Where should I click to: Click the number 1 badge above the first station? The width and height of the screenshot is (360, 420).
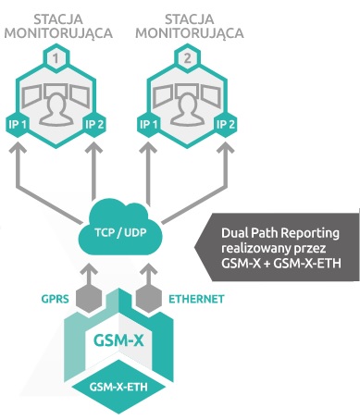pyautogui.click(x=56, y=58)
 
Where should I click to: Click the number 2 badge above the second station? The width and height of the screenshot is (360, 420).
pyautogui.click(x=188, y=58)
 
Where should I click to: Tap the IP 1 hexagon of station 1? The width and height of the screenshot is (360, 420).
pyautogui.click(x=19, y=125)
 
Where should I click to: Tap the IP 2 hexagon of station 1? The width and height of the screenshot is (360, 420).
pyautogui.click(x=93, y=125)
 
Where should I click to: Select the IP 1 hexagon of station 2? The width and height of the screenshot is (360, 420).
pyautogui.click(x=149, y=125)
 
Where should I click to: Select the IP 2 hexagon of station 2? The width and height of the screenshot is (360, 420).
pyautogui.click(x=226, y=125)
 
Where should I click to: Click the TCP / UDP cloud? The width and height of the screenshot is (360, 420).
pyautogui.click(x=120, y=229)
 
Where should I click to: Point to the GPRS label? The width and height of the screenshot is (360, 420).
pyautogui.click(x=56, y=299)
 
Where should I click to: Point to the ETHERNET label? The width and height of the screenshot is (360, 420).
pyautogui.click(x=196, y=299)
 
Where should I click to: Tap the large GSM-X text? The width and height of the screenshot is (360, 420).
pyautogui.click(x=118, y=341)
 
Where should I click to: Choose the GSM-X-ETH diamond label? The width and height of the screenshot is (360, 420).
pyautogui.click(x=118, y=387)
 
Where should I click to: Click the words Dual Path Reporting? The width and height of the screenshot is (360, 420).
pyautogui.click(x=280, y=233)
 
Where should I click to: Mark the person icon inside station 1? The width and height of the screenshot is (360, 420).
pyautogui.click(x=56, y=108)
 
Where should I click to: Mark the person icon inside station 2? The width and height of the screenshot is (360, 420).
pyautogui.click(x=187, y=108)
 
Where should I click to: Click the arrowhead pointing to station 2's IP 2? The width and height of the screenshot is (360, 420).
pyautogui.click(x=226, y=148)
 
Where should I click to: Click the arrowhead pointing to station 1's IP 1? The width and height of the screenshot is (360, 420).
pyautogui.click(x=19, y=148)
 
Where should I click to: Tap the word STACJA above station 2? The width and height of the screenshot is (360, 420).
pyautogui.click(x=189, y=19)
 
